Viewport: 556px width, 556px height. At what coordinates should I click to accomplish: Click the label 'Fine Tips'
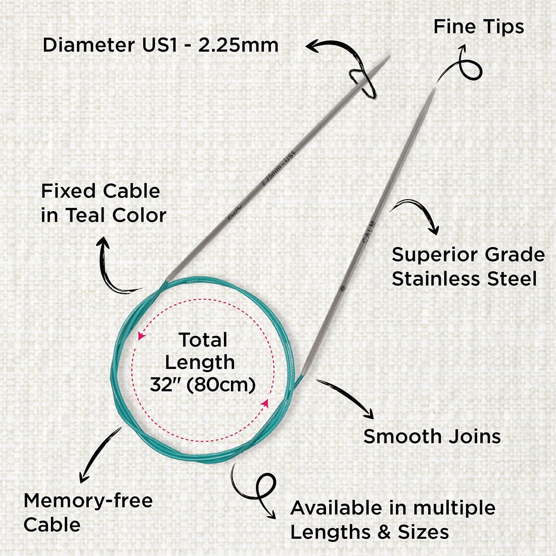point(478,27)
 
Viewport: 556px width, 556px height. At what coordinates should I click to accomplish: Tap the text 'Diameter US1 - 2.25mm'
point(160,45)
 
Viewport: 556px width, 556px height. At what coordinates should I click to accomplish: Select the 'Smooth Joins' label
point(432,436)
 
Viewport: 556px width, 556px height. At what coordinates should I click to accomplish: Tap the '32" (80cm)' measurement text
point(202,385)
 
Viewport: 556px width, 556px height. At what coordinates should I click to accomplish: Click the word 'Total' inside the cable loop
point(203,340)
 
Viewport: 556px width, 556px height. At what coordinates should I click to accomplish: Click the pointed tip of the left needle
point(388,57)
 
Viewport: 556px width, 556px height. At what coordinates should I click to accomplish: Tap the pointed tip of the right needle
point(433,90)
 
